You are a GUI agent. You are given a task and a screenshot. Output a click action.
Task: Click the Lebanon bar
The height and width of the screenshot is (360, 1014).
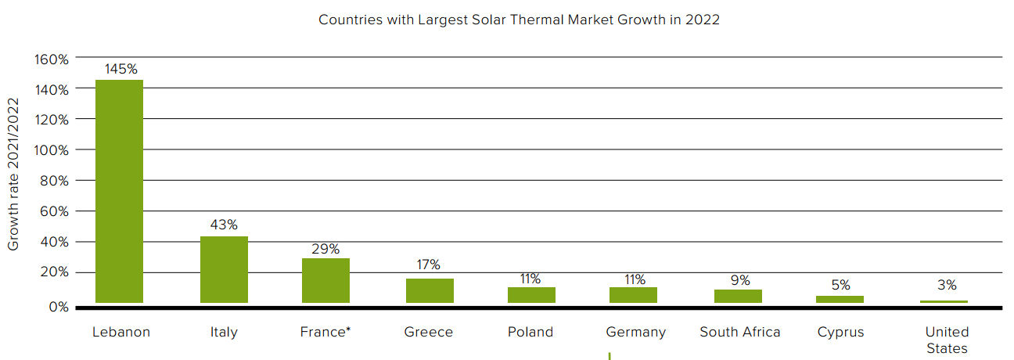[119, 191]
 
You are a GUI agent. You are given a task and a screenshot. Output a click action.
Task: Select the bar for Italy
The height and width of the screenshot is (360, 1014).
[224, 269]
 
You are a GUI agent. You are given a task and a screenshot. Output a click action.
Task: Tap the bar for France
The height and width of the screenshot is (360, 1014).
[325, 280]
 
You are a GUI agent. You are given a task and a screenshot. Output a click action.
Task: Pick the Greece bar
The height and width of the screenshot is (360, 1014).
[430, 290]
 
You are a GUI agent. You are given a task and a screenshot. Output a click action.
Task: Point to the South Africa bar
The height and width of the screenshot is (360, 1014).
[738, 296]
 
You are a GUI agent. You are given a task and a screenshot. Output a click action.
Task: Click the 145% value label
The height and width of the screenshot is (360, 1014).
[120, 69]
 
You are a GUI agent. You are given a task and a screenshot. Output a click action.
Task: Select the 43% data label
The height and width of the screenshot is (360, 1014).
[224, 225]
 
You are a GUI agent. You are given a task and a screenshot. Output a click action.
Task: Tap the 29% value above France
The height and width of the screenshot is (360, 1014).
[325, 249]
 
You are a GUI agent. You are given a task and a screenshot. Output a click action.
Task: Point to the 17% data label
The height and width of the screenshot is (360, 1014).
[429, 265]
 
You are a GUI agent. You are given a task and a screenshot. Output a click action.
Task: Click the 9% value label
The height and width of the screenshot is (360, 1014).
[740, 280]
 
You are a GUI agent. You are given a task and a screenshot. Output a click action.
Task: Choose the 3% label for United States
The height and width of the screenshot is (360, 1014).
[946, 286]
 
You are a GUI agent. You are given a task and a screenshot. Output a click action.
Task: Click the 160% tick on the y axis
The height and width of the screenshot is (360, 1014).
[51, 59]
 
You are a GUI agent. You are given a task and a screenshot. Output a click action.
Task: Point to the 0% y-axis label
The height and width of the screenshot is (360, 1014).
[59, 307]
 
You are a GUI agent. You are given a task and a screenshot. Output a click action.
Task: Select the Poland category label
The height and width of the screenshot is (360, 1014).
[530, 332]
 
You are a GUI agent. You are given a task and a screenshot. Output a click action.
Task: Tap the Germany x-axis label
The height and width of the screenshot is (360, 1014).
[635, 332]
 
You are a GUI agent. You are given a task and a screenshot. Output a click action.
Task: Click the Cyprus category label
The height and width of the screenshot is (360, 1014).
[840, 332]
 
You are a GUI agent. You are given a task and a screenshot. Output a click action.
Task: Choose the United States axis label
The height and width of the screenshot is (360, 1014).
[946, 340]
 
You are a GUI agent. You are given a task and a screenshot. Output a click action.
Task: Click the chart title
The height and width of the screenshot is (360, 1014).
[519, 20]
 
